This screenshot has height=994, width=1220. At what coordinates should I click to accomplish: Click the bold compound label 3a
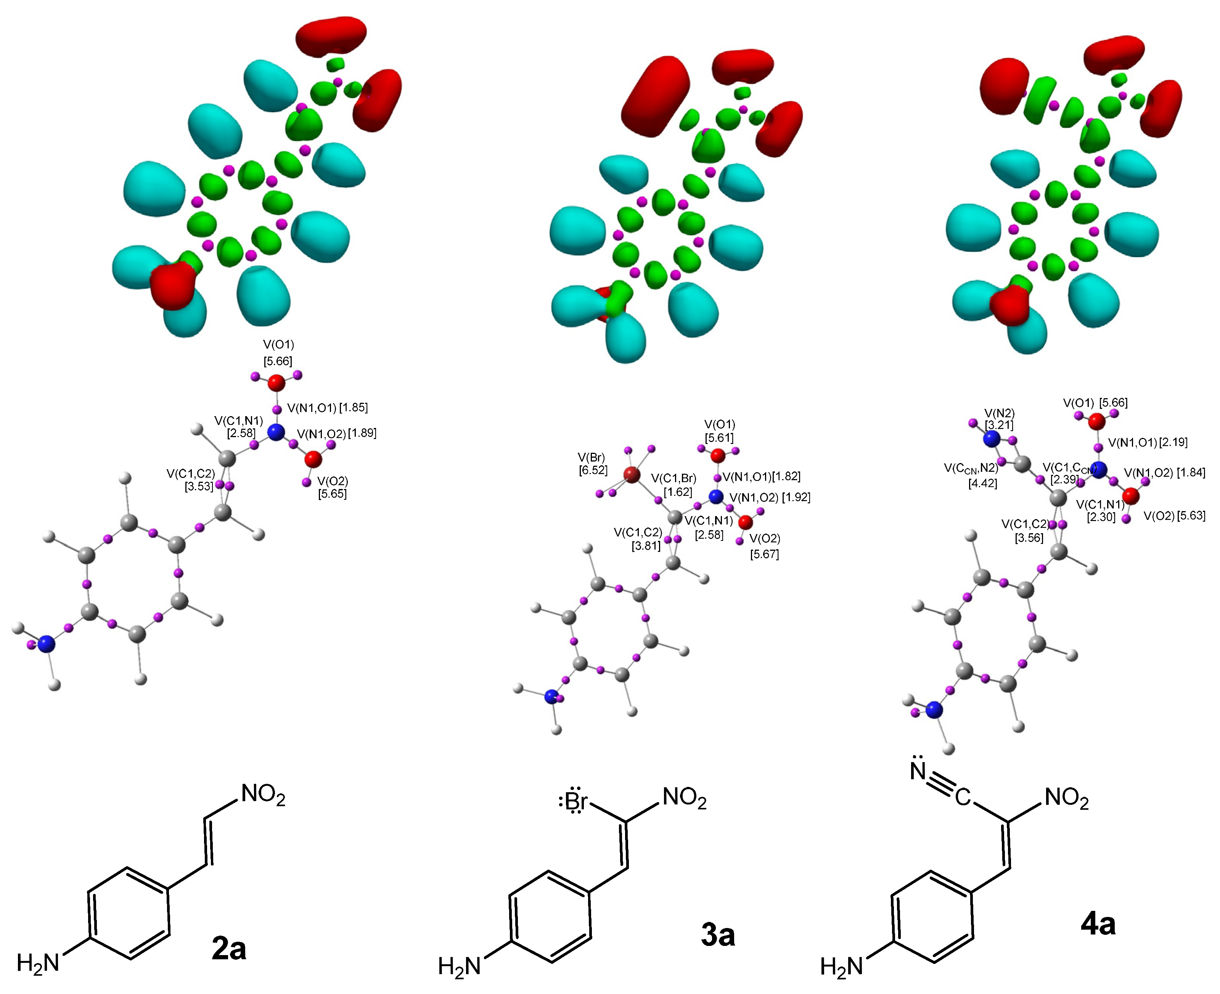tap(717, 934)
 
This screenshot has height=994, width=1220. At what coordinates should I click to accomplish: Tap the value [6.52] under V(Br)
tap(593, 470)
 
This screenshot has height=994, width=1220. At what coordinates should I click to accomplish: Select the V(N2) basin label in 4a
tap(999, 413)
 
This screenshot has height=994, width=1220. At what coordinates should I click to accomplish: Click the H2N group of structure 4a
tap(841, 967)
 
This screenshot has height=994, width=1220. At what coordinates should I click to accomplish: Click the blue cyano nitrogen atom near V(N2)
tap(992, 439)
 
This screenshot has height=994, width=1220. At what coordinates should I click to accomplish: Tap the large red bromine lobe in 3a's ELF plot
tap(654, 96)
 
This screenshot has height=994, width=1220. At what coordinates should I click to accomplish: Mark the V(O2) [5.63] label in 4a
tap(1174, 515)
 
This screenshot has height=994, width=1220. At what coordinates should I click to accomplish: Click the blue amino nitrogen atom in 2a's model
tap(47, 644)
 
